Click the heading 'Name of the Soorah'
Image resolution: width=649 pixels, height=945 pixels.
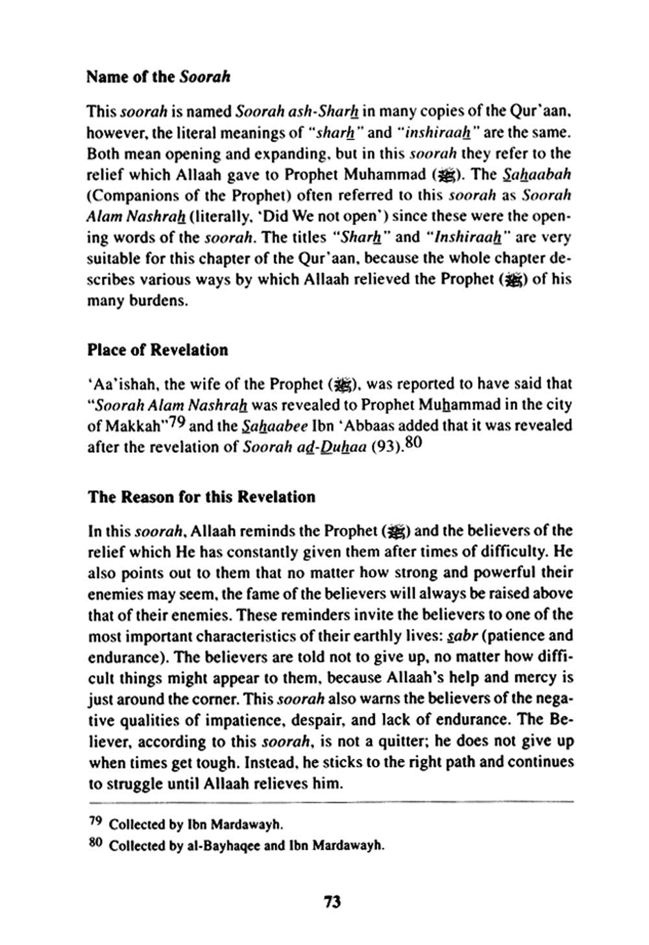(x=159, y=77)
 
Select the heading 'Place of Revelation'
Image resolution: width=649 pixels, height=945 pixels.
(x=158, y=350)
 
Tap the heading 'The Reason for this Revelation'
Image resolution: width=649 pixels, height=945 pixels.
(x=201, y=497)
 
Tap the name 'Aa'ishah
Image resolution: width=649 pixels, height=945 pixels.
(x=112, y=384)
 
